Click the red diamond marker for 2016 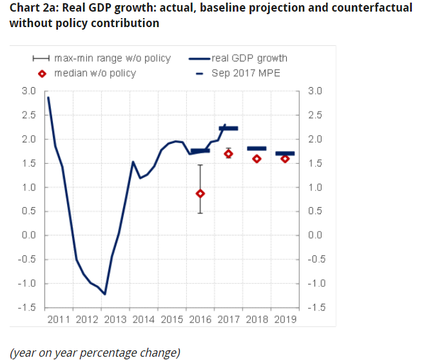[201, 193]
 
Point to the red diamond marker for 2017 [228, 153]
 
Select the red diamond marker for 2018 [257, 159]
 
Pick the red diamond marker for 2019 [285, 159]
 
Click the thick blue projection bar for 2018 [257, 148]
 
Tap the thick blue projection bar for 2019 [285, 154]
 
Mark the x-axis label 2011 [59, 319]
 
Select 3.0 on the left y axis [28, 91]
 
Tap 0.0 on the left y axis [28, 235]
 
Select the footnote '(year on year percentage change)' [95, 352]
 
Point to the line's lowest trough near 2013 [104, 294]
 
